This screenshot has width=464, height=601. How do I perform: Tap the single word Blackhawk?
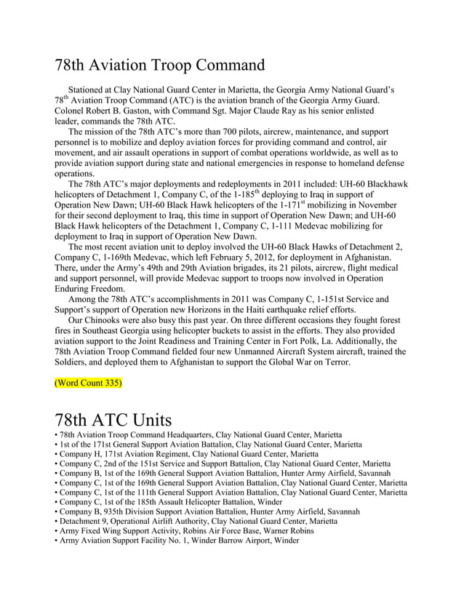pyautogui.click(x=375, y=185)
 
